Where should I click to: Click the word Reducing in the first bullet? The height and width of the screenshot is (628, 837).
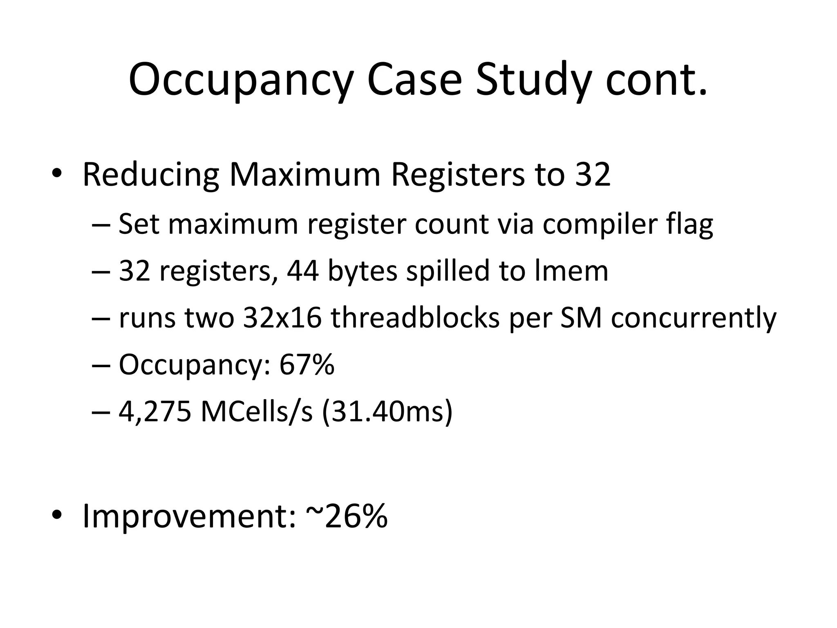click(151, 175)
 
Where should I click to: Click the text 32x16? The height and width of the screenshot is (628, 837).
click(282, 318)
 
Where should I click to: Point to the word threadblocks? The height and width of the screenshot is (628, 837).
click(415, 318)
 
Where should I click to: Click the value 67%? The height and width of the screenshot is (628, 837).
click(307, 365)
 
